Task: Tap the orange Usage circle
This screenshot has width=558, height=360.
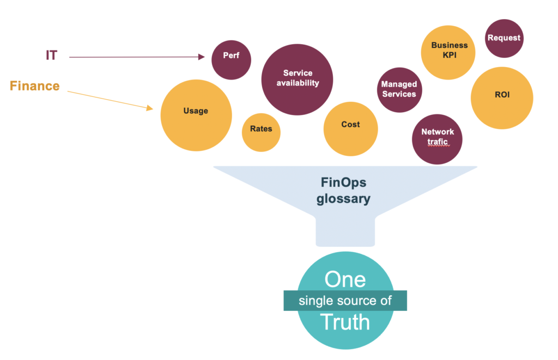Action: pos(196,115)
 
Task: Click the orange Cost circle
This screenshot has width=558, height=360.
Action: pos(350,129)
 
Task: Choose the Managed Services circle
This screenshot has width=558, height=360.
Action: pos(399,90)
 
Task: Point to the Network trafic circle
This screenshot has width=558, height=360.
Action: pos(437,139)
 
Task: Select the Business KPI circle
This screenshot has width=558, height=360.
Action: pos(448,52)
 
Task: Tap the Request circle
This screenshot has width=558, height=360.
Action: pos(504,38)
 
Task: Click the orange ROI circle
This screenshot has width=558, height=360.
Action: pos(502,98)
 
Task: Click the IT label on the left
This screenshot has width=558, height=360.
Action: pos(51,55)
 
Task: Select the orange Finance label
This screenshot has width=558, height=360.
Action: pos(35,86)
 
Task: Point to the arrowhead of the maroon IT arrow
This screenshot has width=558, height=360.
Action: pos(202,56)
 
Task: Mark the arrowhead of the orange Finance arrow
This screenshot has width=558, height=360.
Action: pos(150,108)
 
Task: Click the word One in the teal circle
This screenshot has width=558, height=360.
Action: pos(345,279)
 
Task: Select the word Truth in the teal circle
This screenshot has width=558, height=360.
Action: pos(345,322)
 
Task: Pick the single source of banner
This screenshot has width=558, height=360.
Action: pos(345,301)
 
